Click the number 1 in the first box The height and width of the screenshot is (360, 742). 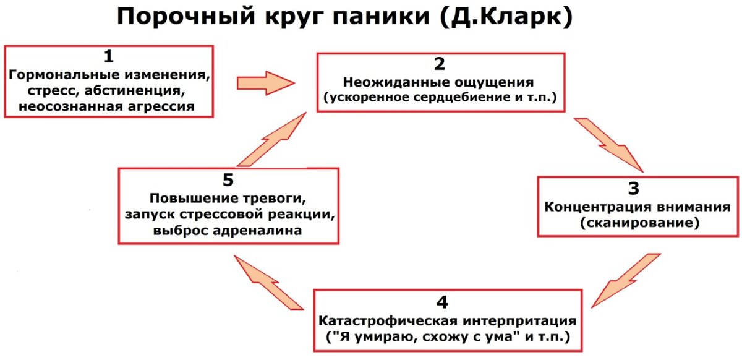pos(109,58)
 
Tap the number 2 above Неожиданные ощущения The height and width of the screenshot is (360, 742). pos(440,64)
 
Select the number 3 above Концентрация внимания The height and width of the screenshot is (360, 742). pos(638,189)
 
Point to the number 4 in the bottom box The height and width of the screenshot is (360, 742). pos(441,302)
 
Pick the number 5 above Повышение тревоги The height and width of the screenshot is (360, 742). pos(228,180)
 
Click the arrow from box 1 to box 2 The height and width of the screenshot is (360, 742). pos(266,82)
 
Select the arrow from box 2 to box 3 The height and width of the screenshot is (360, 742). pos(609,144)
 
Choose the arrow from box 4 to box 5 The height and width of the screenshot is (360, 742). pos(270,282)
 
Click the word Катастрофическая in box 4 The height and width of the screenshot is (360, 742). pos(380,322)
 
